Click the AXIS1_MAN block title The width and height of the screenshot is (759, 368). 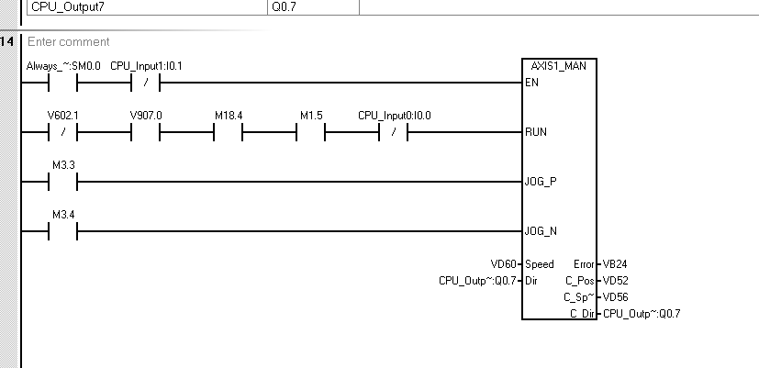click(558, 66)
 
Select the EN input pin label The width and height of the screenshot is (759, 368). click(531, 83)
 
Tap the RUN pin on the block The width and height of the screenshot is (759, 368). click(535, 132)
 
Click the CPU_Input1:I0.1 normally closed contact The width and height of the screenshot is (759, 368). click(146, 84)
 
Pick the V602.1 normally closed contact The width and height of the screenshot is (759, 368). click(61, 132)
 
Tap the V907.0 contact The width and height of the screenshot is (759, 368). click(146, 132)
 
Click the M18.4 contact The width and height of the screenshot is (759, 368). click(229, 132)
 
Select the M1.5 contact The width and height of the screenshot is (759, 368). click(311, 132)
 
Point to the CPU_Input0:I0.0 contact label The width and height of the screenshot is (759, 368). click(394, 116)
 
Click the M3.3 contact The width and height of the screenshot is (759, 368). click(61, 181)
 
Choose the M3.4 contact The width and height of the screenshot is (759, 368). click(61, 229)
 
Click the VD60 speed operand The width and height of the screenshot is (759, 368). click(504, 264)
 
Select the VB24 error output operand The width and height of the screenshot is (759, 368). click(615, 264)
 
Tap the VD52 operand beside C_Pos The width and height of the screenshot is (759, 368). click(616, 280)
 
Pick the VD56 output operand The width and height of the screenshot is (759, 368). click(616, 297)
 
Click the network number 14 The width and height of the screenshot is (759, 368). click(8, 42)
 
